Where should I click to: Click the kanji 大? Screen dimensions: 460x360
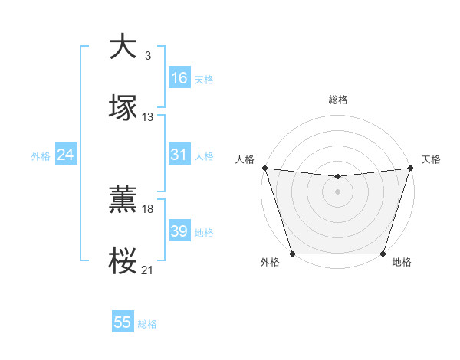point(123,47)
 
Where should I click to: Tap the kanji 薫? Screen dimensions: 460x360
point(123,199)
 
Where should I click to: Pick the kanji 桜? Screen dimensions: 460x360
point(123,260)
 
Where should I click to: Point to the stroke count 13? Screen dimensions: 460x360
point(148,116)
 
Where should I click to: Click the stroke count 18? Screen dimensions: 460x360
point(148,208)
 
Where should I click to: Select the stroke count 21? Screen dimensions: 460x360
point(148,270)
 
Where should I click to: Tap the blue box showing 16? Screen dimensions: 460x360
point(179,78)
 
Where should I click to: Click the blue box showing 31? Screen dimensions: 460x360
point(179,155)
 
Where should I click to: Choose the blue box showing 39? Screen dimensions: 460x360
point(179,231)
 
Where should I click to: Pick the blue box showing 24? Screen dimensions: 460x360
point(65,155)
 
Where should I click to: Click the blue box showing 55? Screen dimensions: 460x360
point(123,322)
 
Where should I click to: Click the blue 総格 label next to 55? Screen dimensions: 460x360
point(148,324)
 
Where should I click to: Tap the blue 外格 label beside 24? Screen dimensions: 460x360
point(41,156)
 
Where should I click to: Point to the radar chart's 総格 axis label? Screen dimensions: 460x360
point(337,100)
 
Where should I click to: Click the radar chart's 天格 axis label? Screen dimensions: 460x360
point(432,159)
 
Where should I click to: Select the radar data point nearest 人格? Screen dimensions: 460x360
point(264,168)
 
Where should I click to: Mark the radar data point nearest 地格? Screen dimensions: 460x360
point(383,254)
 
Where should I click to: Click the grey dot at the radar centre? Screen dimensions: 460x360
point(337,191)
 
